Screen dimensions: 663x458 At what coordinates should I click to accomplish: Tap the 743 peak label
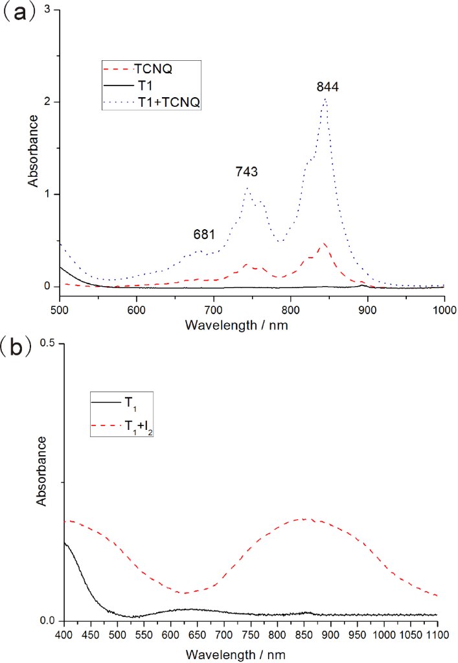point(247,172)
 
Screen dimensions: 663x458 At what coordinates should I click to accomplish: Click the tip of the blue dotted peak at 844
point(325,98)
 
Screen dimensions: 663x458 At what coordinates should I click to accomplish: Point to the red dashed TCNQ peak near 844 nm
point(324,243)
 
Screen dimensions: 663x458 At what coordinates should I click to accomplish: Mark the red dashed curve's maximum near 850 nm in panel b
point(304,519)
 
